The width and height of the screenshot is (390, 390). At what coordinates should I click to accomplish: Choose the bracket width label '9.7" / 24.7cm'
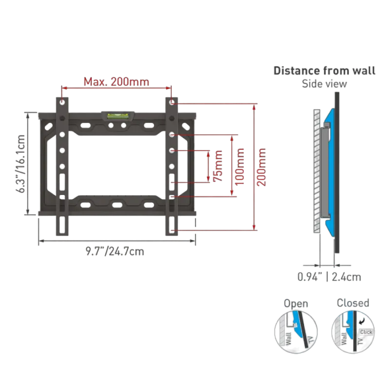tap(114, 252)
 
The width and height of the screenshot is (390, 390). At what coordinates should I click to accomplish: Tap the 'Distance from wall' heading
tap(325, 71)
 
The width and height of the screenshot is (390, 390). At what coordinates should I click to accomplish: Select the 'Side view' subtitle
tap(325, 83)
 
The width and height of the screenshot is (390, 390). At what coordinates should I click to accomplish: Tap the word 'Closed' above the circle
tap(353, 303)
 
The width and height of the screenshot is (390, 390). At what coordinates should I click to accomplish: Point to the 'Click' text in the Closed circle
tap(366, 332)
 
